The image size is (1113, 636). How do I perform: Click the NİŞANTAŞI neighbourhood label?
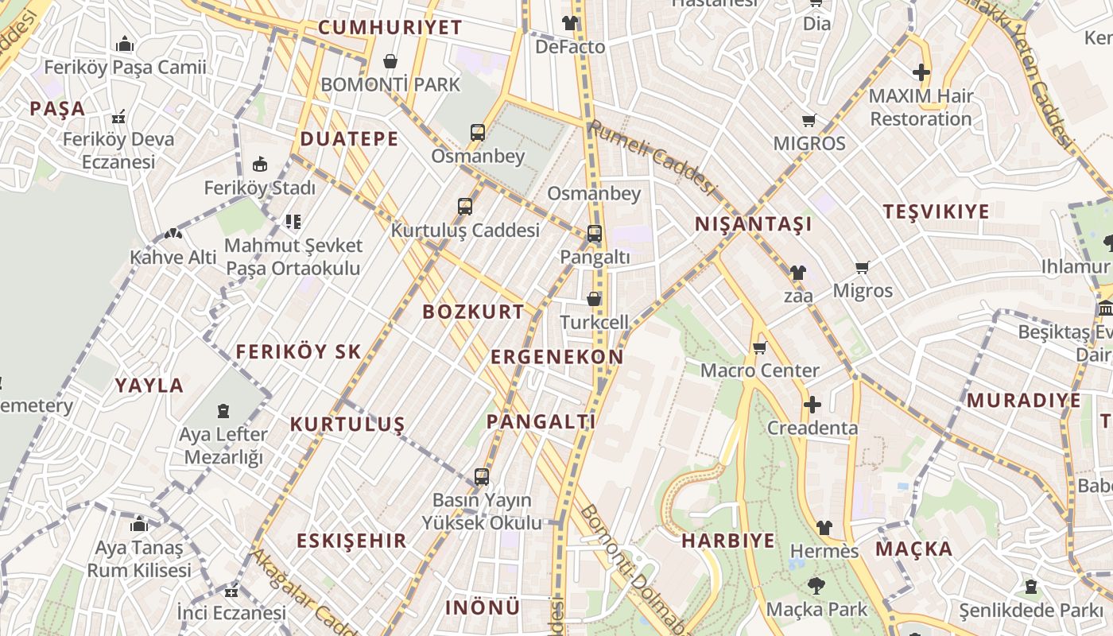pyautogui.click(x=753, y=224)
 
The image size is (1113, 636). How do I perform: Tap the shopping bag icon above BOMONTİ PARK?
pyautogui.click(x=390, y=61)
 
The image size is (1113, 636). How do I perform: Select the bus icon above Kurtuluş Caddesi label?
pyautogui.click(x=465, y=207)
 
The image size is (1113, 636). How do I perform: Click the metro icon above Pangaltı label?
pyautogui.click(x=595, y=234)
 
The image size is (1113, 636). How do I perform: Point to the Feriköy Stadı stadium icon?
pyautogui.click(x=259, y=165)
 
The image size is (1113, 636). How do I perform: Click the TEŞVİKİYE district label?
pyautogui.click(x=936, y=211)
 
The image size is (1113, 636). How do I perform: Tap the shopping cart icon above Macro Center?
pyautogui.click(x=759, y=347)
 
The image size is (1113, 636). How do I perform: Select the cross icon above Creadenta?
pyautogui.click(x=812, y=405)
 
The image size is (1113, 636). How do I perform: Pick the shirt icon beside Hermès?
pyautogui.click(x=824, y=528)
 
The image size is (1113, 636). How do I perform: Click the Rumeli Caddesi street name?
pyautogui.click(x=652, y=157)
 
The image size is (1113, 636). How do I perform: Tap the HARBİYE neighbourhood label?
pyautogui.click(x=727, y=541)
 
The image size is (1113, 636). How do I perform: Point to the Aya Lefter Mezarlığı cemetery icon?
pyautogui.click(x=223, y=411)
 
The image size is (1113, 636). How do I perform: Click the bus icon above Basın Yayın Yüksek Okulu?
pyautogui.click(x=481, y=477)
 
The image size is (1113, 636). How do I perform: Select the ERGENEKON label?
pyautogui.click(x=556, y=357)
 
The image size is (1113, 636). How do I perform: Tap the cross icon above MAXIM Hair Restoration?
pyautogui.click(x=921, y=72)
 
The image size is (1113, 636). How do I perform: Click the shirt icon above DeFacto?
pyautogui.click(x=569, y=22)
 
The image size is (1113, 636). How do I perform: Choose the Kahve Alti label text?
pyautogui.click(x=173, y=258)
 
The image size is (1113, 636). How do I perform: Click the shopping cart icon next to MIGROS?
pyautogui.click(x=809, y=121)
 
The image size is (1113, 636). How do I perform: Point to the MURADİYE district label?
pyautogui.click(x=1023, y=401)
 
